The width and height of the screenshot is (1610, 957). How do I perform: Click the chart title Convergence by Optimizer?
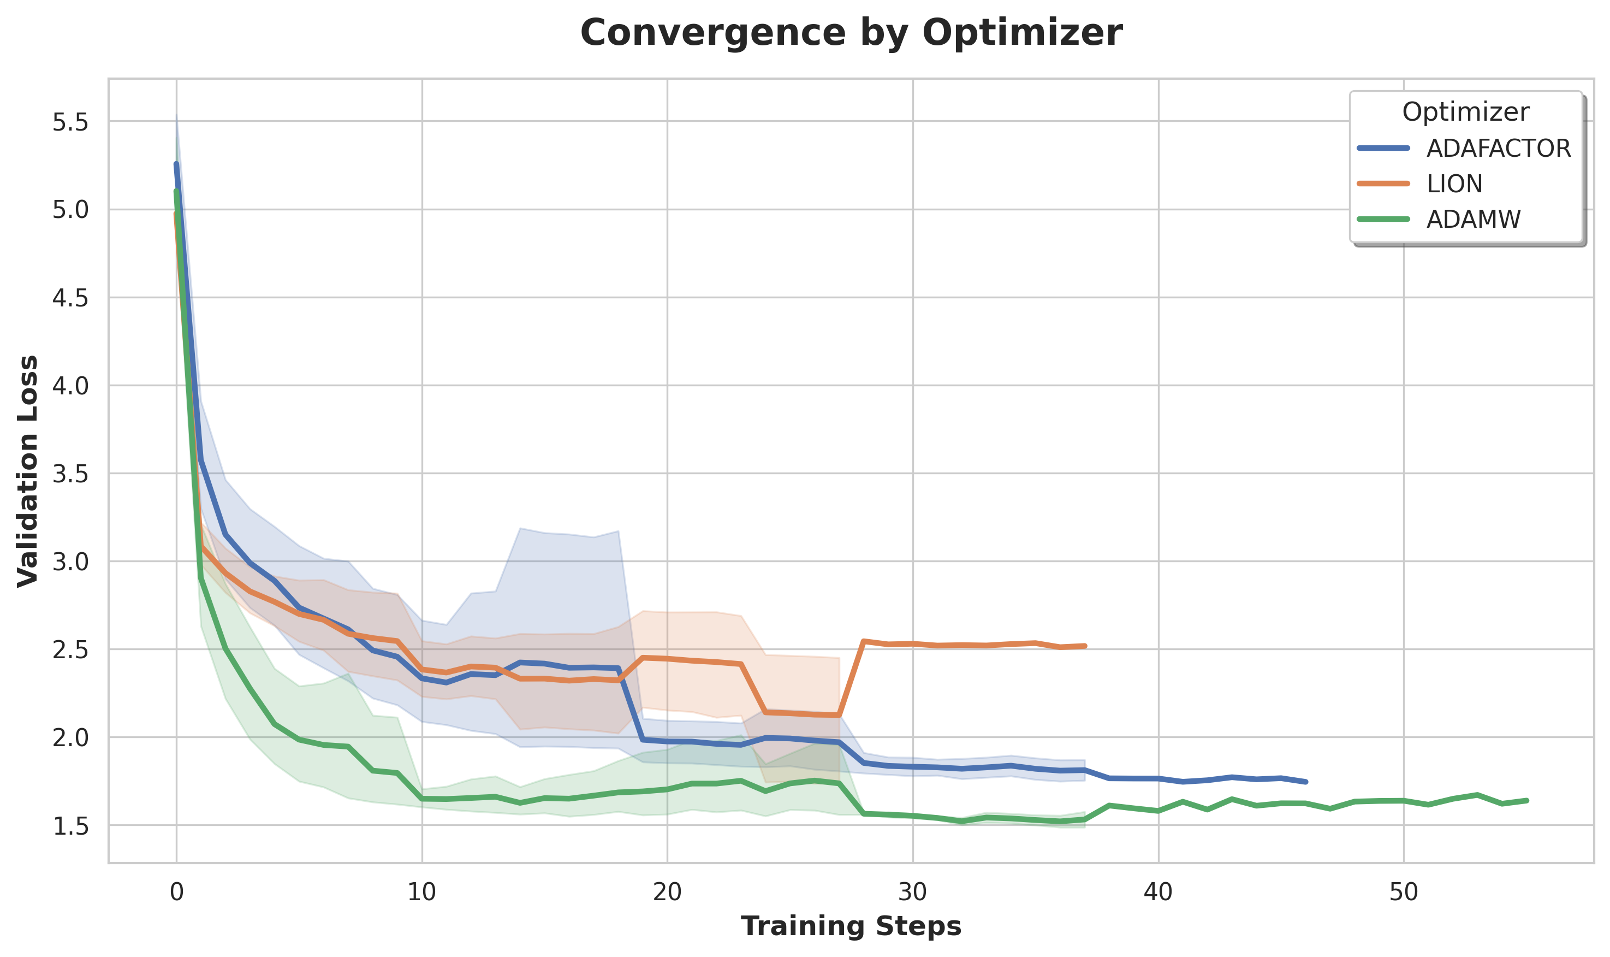pos(851,32)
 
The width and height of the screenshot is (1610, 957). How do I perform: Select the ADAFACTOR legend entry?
pos(1499,149)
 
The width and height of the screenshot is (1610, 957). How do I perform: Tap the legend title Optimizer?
pos(1465,112)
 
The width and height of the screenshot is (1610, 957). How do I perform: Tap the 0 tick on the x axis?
pos(176,892)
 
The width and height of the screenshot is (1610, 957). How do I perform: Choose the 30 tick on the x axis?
pos(913,892)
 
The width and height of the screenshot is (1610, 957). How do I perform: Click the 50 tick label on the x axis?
pos(1403,892)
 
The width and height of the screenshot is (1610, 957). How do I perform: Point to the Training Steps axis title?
pos(851,927)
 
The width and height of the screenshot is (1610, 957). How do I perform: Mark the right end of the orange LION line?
pos(1085,646)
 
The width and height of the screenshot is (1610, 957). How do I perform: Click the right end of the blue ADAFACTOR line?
pos(1306,782)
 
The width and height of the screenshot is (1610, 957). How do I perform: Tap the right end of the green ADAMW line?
pos(1527,800)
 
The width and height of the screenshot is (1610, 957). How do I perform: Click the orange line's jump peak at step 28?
pos(864,641)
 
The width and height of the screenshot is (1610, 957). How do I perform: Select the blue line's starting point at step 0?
pos(176,164)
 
